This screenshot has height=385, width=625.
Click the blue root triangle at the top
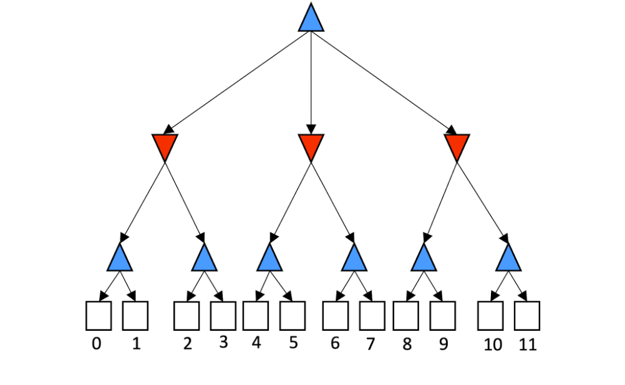coord(311,19)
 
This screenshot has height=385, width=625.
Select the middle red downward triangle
coord(311,146)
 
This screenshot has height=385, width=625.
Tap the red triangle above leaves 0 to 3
coord(165,146)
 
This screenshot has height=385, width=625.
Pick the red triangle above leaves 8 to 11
coord(457,146)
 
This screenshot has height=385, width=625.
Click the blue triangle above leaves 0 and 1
coord(120,259)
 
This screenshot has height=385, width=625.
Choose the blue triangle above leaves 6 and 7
coord(354,259)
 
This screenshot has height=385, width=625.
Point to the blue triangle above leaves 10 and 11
coord(509,259)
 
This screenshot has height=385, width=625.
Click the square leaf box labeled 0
coord(98,315)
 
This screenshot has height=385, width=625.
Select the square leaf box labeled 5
coord(293,315)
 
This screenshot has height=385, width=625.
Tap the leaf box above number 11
coord(527,315)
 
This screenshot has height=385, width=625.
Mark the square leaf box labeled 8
coord(406,315)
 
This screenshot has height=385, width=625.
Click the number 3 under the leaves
coord(223,342)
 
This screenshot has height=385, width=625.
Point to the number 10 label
coord(493,345)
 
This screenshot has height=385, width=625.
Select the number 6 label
coord(335,343)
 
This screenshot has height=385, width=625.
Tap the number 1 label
coord(136,343)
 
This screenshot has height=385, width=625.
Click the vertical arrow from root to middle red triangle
coord(311,81)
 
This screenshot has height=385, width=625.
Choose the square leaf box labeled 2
coord(187,315)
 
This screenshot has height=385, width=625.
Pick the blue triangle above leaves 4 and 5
coord(269,259)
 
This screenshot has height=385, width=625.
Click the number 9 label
coord(443,344)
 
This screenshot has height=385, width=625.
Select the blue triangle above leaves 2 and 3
coord(204,259)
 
